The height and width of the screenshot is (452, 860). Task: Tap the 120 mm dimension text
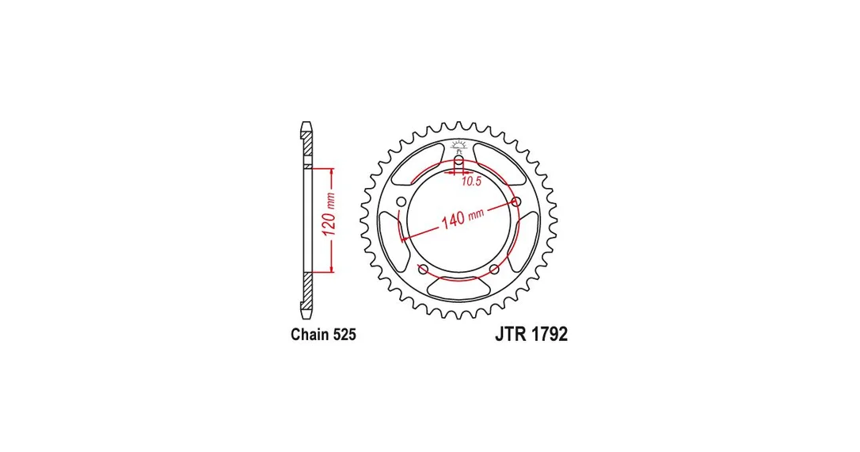tap(329, 215)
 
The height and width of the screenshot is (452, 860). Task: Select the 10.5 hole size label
tap(471, 182)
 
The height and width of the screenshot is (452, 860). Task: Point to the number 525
tap(344, 335)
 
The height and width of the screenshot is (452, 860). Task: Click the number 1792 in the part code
tap(549, 334)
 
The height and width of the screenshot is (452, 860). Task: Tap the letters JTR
tap(511, 334)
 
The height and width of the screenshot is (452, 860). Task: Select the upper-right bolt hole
tap(516, 201)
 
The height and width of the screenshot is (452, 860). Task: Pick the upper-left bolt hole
tap(401, 201)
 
